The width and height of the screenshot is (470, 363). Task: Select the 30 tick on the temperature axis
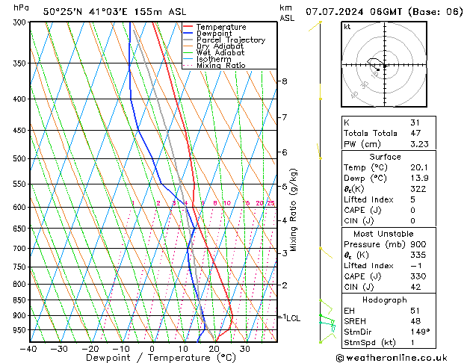click(x=244, y=349)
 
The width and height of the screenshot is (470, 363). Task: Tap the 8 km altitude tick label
click(x=285, y=81)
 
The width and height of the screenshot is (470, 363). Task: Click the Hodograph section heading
click(x=386, y=300)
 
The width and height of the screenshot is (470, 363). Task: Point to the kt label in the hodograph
click(x=347, y=27)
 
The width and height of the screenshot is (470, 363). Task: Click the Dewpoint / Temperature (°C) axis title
click(x=153, y=359)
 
